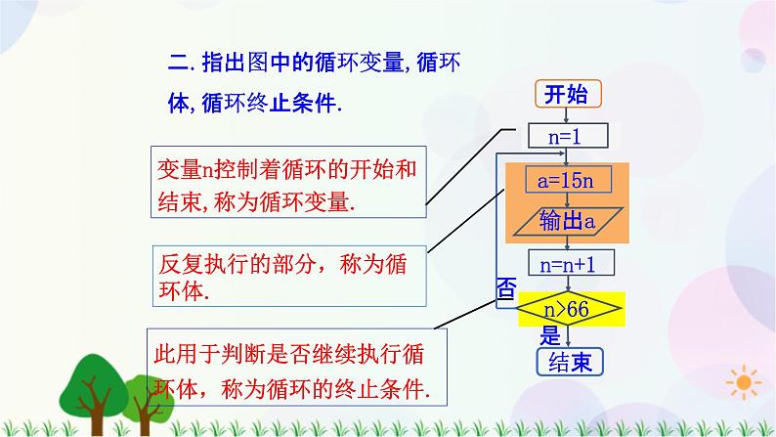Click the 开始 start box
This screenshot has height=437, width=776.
click(x=567, y=94)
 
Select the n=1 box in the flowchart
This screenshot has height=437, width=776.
click(x=567, y=137)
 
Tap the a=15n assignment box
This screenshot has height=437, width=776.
click(x=567, y=181)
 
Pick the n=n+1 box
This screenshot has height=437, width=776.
click(x=567, y=264)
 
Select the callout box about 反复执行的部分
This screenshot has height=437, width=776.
click(x=282, y=277)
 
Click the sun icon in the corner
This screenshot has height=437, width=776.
click(x=746, y=380)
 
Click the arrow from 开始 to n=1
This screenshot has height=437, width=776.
click(x=567, y=114)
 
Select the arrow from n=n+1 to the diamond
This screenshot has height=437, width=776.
click(x=567, y=284)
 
